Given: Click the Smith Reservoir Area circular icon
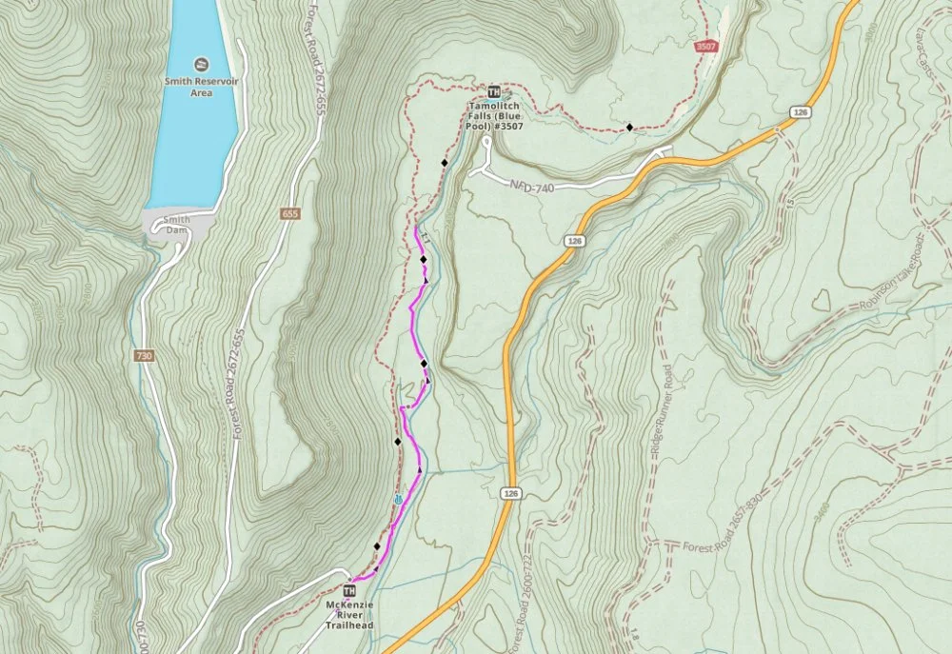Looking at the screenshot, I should [x=201, y=64].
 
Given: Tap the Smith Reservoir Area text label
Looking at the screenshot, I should [x=201, y=88].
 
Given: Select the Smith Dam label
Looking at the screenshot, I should [x=178, y=225].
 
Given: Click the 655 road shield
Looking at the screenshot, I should [x=289, y=214].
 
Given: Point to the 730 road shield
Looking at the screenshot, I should [x=144, y=356].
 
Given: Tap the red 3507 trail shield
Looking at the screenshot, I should [x=705, y=46].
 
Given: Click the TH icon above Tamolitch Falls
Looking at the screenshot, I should [x=493, y=91].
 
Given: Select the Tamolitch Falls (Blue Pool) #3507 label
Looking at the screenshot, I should [x=493, y=115].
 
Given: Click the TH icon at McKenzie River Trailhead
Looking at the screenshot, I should [x=348, y=592].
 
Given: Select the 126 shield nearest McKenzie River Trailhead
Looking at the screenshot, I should [x=511, y=492].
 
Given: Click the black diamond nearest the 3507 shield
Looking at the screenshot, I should [x=629, y=127].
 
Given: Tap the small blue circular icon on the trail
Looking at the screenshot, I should [x=397, y=500].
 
